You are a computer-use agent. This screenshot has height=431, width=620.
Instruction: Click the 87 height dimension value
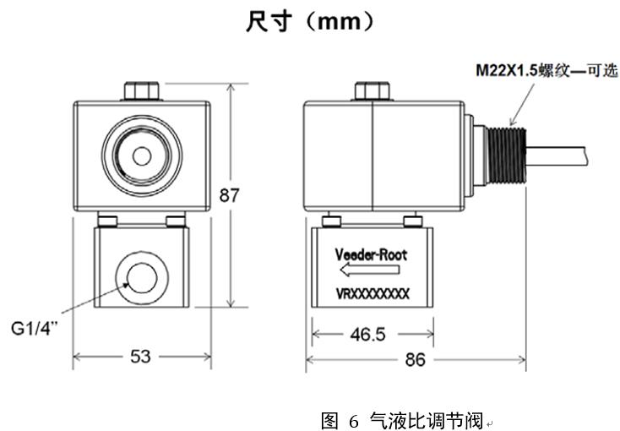(229, 196)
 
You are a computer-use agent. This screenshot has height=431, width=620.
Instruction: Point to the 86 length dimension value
(415, 360)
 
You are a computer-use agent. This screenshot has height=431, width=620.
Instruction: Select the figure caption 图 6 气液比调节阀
(400, 419)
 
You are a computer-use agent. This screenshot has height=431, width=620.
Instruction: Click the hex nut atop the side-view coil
(371, 90)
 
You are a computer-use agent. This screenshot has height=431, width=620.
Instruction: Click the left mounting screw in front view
(106, 221)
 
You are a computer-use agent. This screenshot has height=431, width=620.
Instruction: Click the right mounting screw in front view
(177, 221)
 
